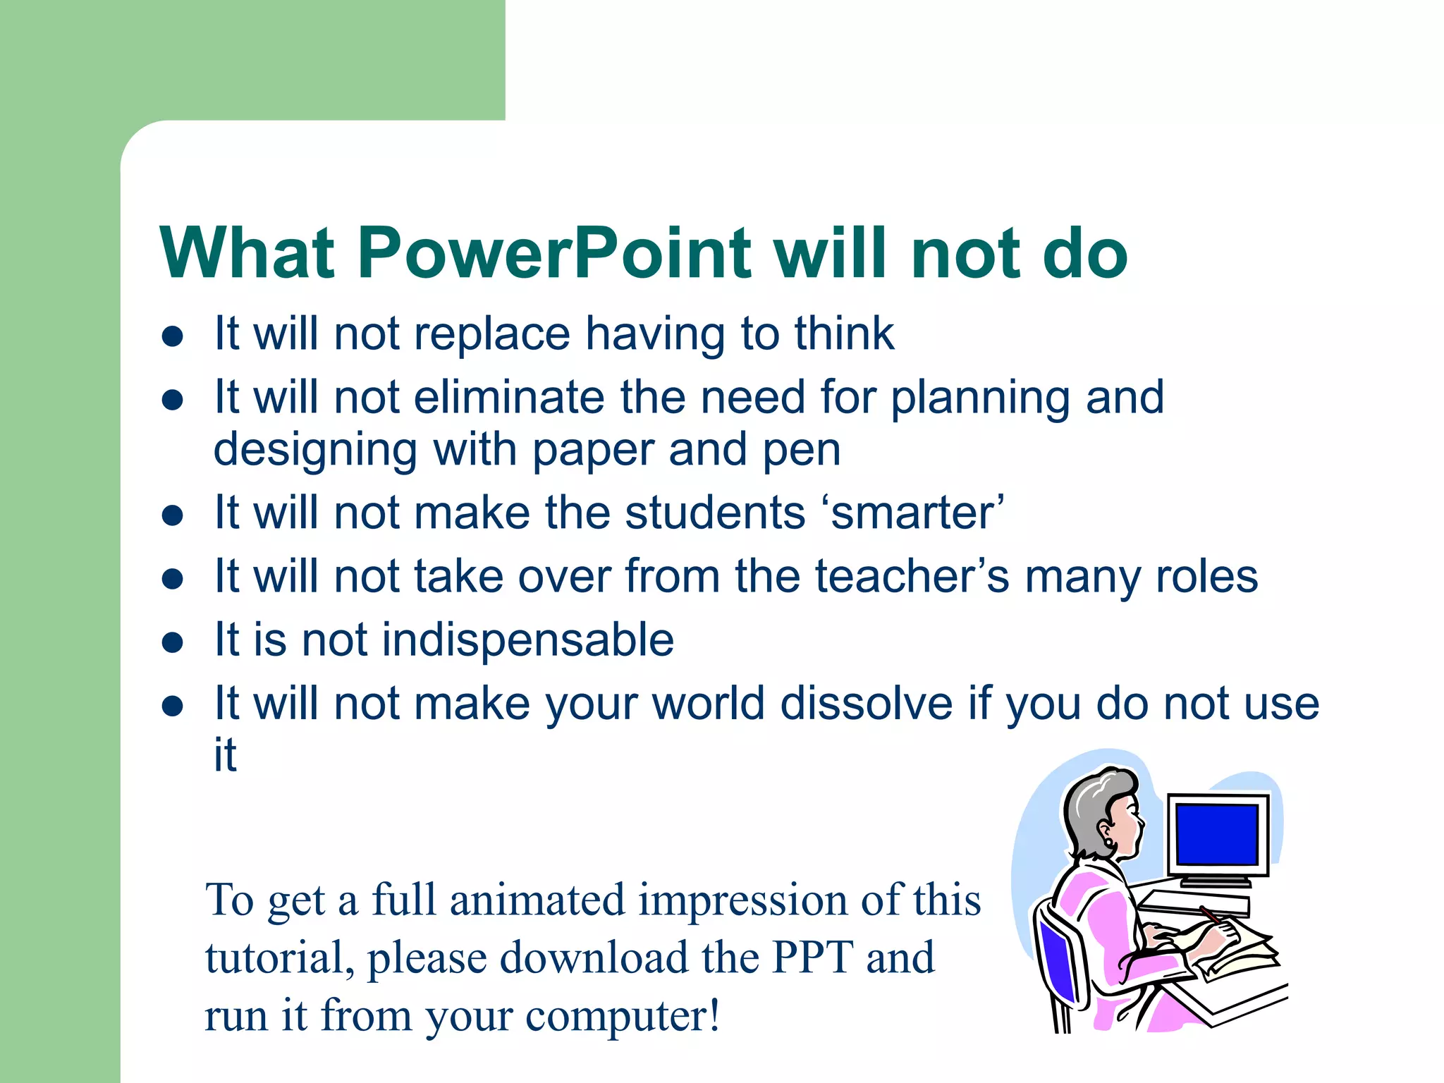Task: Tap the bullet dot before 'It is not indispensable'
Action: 173,642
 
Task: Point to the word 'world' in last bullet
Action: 709,704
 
